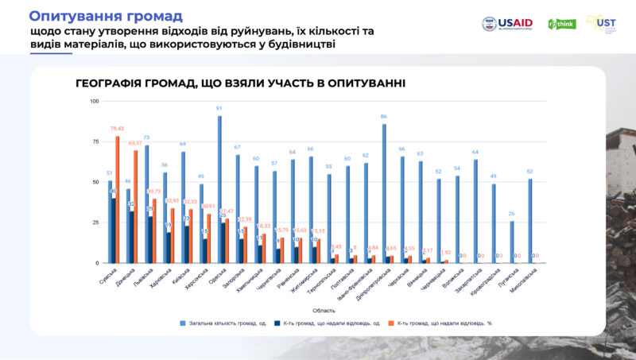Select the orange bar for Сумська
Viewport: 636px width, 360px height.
point(118,199)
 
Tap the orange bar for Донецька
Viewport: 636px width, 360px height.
point(136,207)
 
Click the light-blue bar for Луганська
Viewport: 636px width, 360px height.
point(511,242)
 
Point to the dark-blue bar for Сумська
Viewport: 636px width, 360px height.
point(114,230)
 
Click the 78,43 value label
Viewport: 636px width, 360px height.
point(118,129)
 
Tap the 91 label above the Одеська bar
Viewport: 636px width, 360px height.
point(219,109)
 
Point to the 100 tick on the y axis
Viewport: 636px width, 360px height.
point(95,102)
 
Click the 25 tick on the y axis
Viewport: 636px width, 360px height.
point(95,223)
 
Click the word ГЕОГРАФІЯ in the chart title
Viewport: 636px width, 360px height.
point(111,83)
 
